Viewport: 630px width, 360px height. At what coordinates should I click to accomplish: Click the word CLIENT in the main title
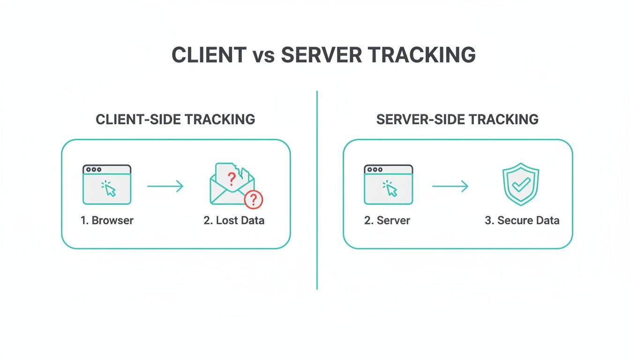point(209,55)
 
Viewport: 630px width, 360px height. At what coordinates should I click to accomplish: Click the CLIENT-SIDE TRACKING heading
point(175,119)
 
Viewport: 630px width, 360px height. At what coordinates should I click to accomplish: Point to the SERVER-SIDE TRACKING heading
point(457,119)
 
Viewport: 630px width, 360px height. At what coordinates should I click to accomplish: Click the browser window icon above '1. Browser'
point(107,185)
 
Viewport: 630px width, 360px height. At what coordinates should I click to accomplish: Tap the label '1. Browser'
point(107,220)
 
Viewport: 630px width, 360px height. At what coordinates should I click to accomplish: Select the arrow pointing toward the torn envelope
point(165,187)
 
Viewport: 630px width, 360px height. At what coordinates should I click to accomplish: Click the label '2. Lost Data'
point(234,220)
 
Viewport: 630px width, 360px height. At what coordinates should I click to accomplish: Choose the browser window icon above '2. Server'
point(388,185)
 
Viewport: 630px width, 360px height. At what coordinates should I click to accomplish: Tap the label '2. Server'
point(387,220)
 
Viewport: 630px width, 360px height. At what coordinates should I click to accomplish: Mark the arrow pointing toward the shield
point(450,187)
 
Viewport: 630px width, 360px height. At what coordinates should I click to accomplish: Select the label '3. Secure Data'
point(522,220)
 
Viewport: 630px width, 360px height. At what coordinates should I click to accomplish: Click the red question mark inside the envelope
point(231,179)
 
